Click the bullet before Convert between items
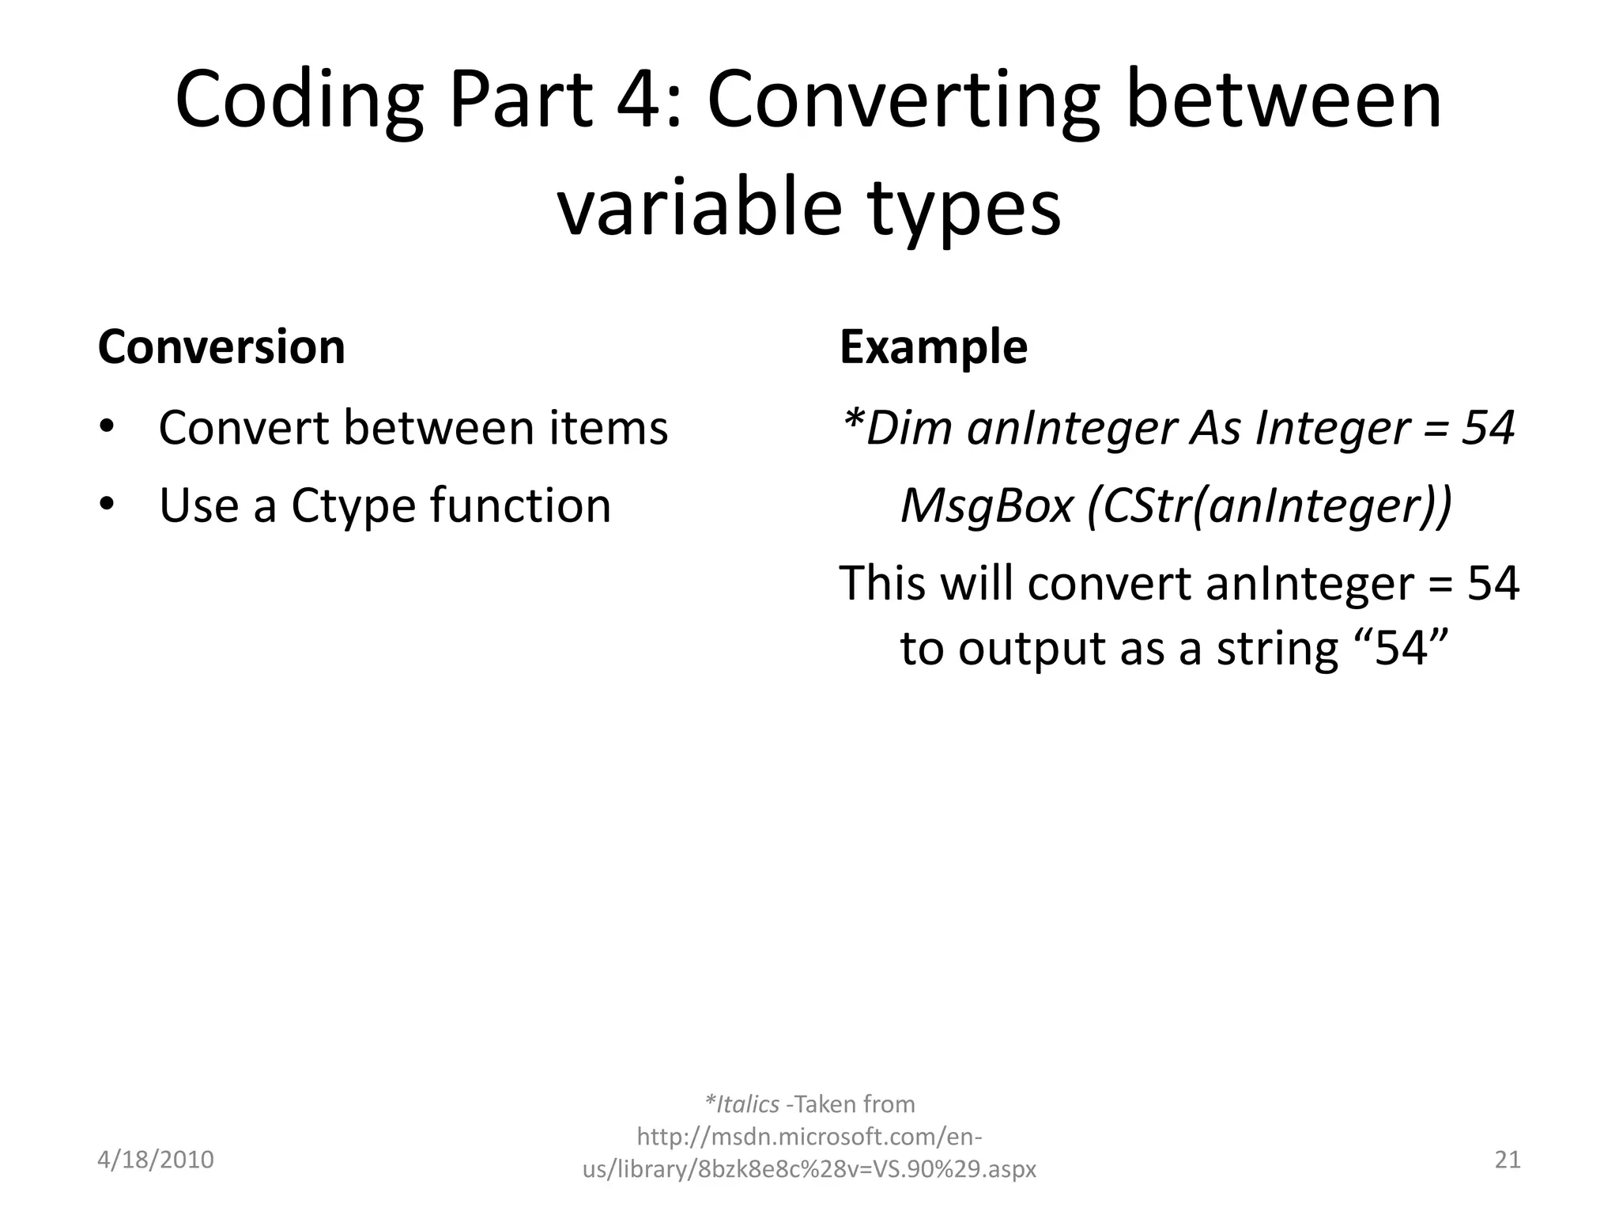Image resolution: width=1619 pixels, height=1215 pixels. (108, 428)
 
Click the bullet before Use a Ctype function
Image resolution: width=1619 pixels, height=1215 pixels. (108, 505)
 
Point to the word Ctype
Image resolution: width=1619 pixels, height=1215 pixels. (353, 506)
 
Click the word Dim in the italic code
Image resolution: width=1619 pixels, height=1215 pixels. (909, 428)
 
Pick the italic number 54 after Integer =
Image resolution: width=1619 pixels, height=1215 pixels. (1488, 428)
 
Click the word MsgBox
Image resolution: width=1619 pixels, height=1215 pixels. (987, 505)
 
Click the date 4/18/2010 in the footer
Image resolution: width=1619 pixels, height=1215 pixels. (156, 1160)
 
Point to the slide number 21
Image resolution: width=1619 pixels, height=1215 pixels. (1508, 1160)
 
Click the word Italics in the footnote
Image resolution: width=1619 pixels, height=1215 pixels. (747, 1103)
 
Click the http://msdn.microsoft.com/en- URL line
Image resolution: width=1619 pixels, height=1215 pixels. (809, 1137)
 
